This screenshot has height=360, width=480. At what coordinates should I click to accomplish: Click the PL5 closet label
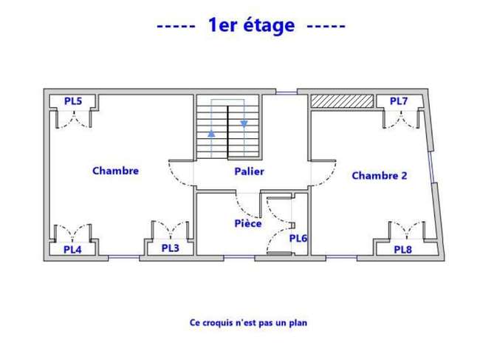click(x=73, y=101)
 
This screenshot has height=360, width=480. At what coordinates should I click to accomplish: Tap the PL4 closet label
click(x=72, y=250)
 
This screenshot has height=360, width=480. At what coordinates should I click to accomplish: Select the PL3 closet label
click(x=170, y=248)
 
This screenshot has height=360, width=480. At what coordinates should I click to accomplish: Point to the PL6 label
click(x=298, y=238)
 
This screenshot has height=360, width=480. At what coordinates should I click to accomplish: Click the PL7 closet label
click(x=399, y=101)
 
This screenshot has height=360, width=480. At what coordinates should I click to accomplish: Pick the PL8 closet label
click(x=403, y=250)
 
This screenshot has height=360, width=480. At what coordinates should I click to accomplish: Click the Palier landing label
click(x=249, y=171)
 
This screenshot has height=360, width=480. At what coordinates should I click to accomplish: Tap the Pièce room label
click(x=248, y=223)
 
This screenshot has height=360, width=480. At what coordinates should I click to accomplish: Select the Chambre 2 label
click(x=380, y=175)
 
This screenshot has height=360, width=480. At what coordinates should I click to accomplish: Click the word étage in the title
click(x=269, y=25)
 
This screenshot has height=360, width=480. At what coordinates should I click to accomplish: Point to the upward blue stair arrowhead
click(x=211, y=134)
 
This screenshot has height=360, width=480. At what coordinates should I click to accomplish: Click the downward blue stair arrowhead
click(x=244, y=123)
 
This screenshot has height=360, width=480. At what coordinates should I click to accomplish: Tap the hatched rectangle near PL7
click(x=342, y=101)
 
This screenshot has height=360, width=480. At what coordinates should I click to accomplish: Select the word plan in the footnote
click(x=298, y=322)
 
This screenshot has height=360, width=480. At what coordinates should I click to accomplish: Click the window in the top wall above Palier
click(x=287, y=92)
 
